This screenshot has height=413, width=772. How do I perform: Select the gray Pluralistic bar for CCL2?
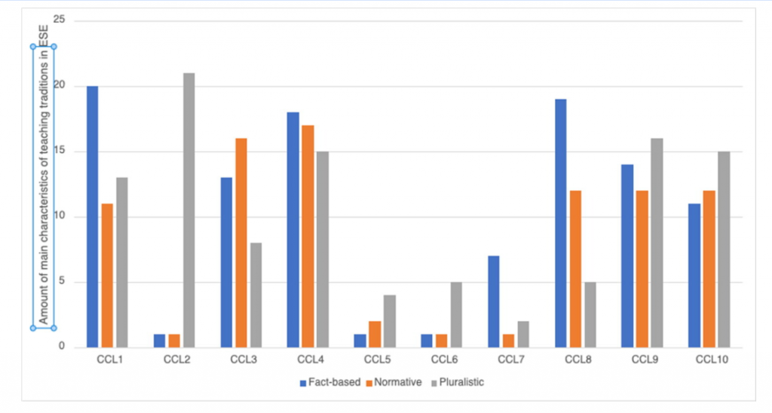(188, 210)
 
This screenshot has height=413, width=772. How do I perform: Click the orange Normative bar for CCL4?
(308, 237)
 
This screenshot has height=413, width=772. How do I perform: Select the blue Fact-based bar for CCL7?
(493, 301)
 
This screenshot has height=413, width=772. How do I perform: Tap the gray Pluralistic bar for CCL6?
(455, 315)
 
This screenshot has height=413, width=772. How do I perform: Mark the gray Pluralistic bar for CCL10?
(724, 249)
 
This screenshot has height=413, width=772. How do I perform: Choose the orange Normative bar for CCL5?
(375, 335)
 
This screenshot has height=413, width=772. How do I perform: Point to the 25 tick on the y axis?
(59, 20)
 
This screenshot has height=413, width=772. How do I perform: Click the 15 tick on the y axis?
(59, 151)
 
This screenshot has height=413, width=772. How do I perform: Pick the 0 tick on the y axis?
(61, 347)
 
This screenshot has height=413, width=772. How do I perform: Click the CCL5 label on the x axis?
(375, 360)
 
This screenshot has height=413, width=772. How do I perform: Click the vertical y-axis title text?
(43, 187)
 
